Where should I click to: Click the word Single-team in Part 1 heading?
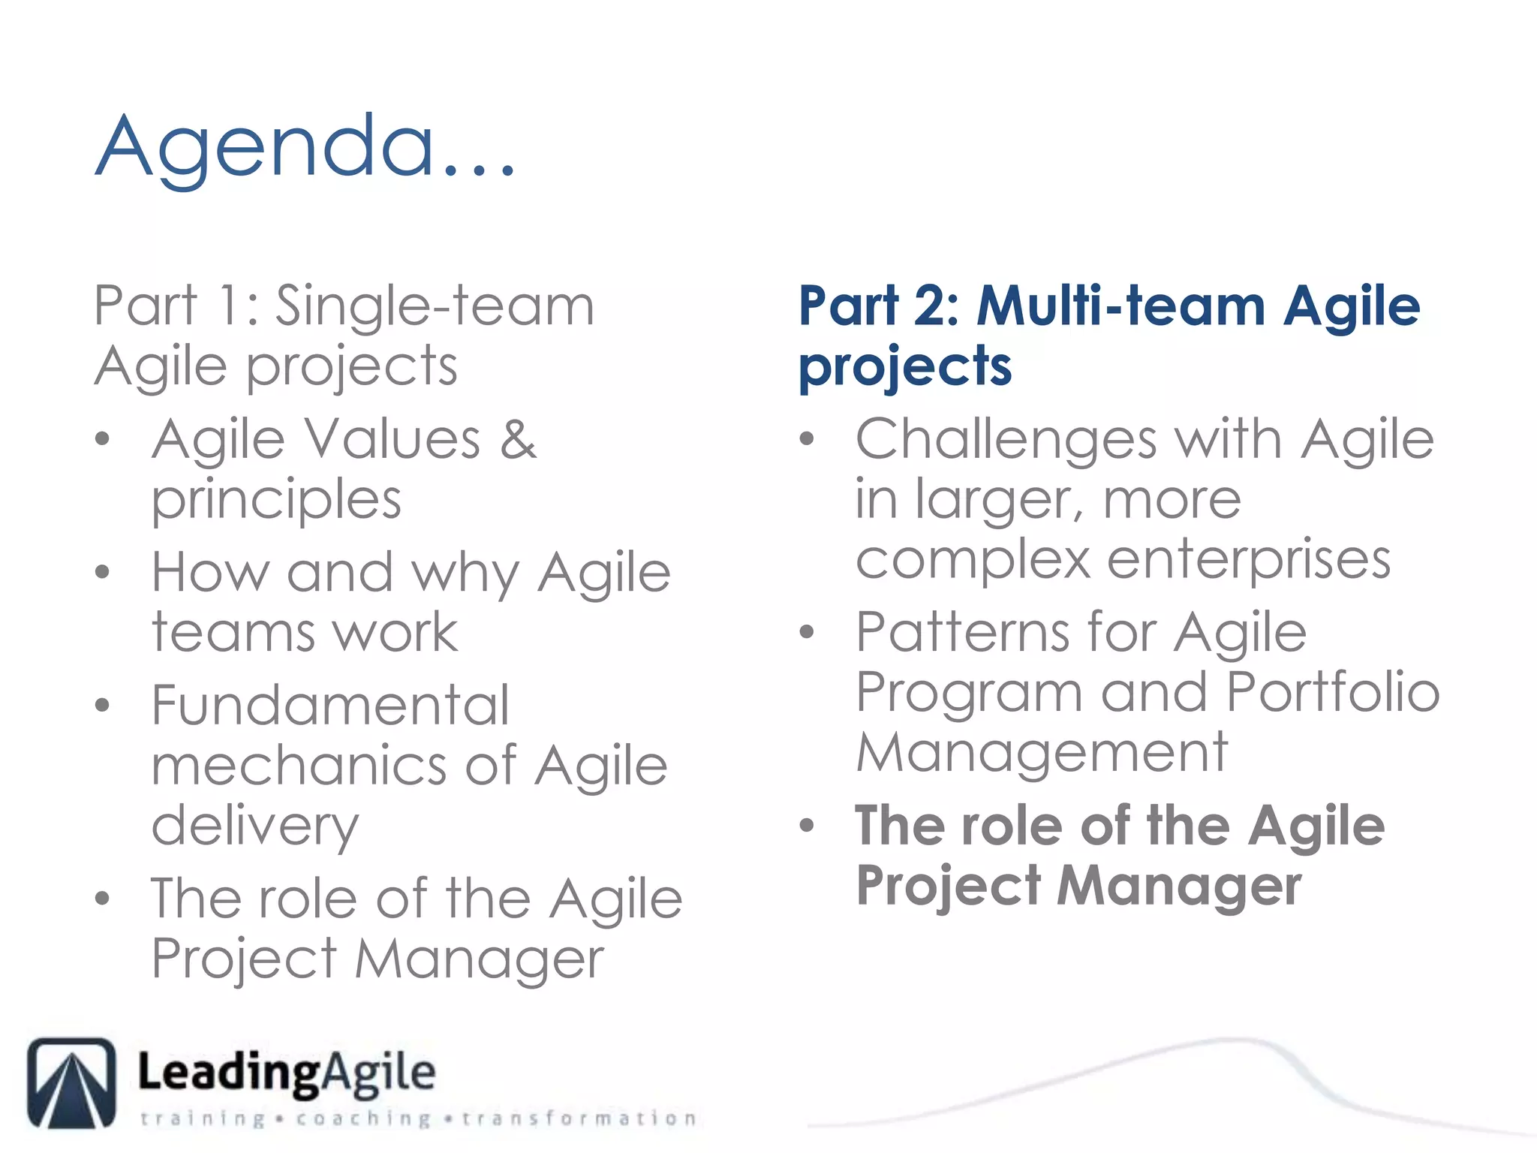pos(435,306)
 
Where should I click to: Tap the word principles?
pos(276,501)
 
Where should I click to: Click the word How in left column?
pos(209,573)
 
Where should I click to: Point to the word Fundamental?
pos(330,706)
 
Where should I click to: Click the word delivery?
pos(255,826)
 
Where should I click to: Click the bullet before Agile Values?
pos(103,439)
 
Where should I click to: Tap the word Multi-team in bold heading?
pos(1121,306)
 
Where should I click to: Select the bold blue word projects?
pos(905,368)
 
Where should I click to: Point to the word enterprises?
pos(1249,560)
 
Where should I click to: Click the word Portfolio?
pos(1333,692)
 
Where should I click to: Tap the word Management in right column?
pos(1042,752)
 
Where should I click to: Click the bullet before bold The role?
pos(807,826)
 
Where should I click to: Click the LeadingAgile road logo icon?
pos(72,1082)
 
